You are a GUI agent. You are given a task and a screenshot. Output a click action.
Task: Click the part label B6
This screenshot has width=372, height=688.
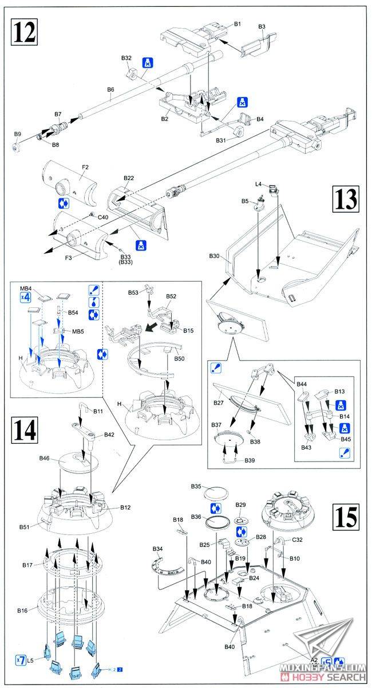[110, 89]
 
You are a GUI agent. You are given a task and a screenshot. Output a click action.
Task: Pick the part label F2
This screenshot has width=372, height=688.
[85, 167]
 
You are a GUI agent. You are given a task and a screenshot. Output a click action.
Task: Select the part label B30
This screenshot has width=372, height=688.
[215, 256]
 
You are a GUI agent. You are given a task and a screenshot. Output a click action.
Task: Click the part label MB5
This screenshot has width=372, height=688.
[78, 331]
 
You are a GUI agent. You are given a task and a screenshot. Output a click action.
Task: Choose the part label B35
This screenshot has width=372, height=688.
[196, 486]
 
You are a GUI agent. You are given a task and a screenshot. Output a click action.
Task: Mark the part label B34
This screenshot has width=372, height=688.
[158, 549]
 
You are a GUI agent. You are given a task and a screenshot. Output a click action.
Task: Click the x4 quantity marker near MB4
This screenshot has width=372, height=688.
[25, 297]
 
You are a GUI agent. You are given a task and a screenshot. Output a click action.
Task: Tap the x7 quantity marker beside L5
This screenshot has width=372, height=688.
[21, 660]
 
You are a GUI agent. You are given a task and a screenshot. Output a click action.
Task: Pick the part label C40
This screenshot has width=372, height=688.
[102, 217]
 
